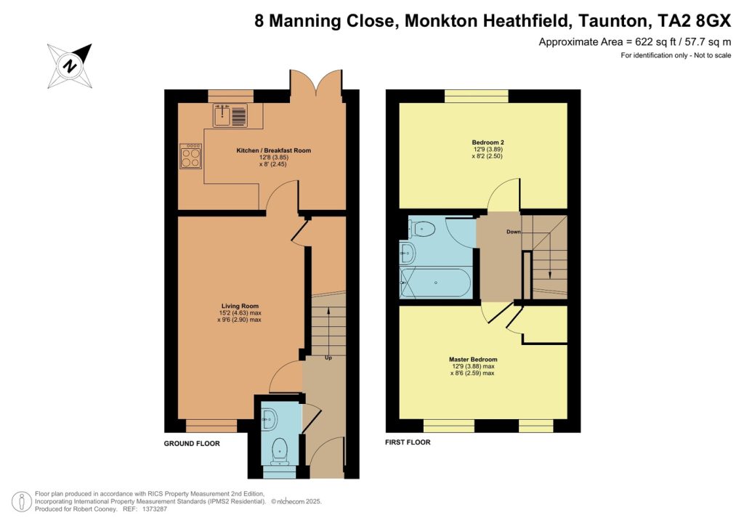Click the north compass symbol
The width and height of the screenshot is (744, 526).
coord(70,66)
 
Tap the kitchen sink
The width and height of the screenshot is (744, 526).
coord(230,115)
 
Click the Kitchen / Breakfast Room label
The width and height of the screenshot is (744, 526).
coord(273,150)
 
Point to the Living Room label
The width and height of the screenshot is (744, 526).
coord(240,306)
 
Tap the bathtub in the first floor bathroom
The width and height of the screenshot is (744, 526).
coord(436,283)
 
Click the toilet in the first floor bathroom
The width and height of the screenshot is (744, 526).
coord(422,230)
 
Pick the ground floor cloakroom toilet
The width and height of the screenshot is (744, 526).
coord(278,451)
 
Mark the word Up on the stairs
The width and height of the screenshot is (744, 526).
coord(328,358)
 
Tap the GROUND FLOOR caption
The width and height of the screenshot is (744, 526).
coord(191,443)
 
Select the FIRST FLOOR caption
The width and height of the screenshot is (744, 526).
coord(408,442)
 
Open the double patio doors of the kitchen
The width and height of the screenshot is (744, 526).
coord(316,84)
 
